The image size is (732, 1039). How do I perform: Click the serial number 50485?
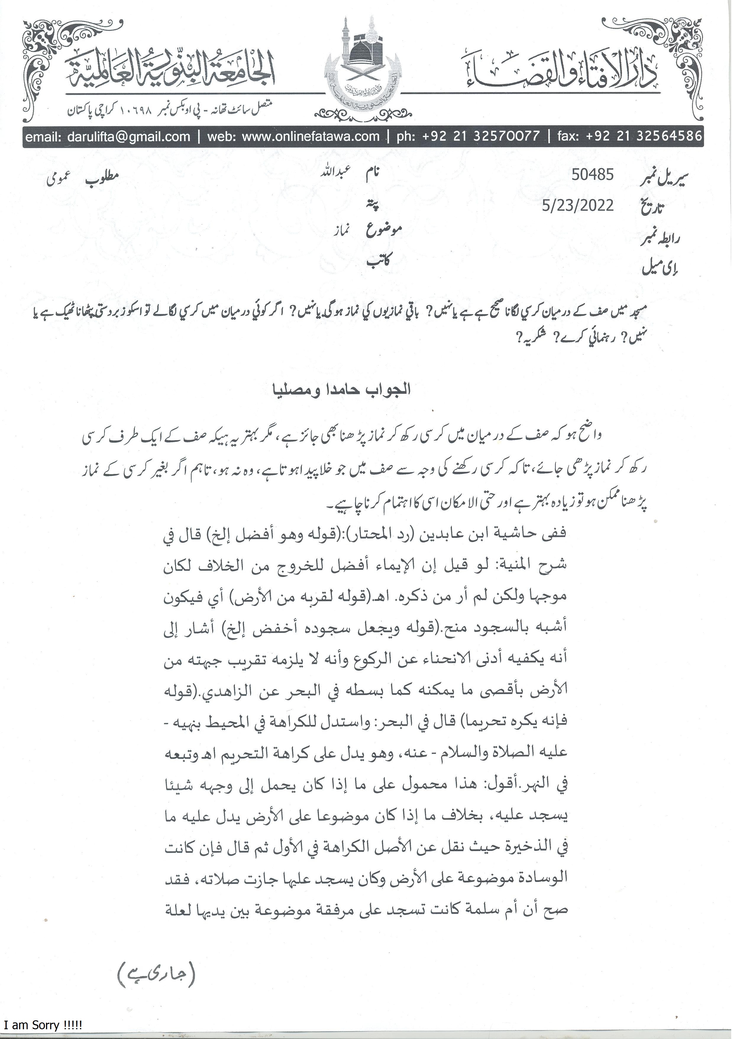tap(592, 175)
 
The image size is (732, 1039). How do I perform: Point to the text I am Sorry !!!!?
tap(42, 1026)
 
